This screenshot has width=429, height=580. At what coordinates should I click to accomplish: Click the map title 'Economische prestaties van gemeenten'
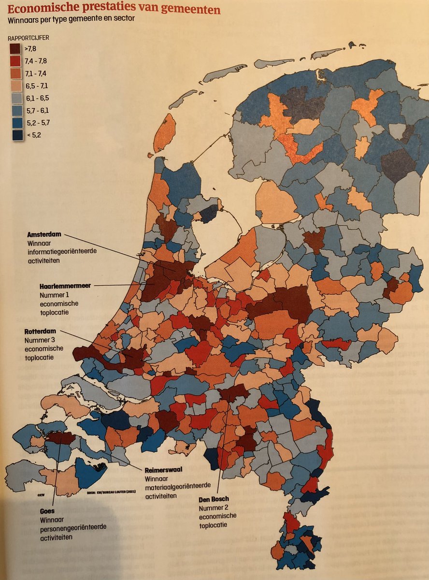click(x=114, y=10)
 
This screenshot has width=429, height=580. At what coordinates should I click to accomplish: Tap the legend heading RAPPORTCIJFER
click(x=28, y=38)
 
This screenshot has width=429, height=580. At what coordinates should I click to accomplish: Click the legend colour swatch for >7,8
click(x=14, y=49)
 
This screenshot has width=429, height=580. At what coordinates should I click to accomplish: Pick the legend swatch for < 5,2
click(x=14, y=135)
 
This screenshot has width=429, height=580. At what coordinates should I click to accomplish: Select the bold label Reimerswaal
click(x=164, y=470)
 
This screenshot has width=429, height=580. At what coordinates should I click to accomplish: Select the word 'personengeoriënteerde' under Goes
click(x=73, y=528)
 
